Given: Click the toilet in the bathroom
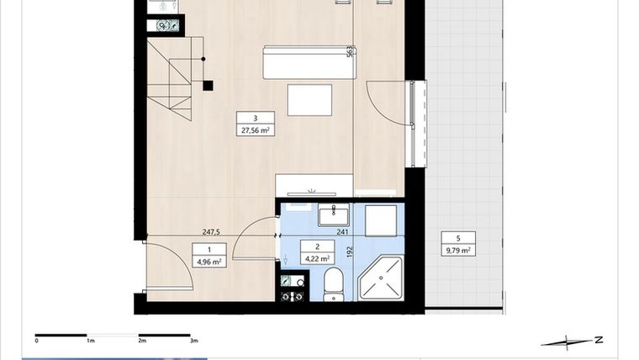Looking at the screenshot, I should tap(332, 284).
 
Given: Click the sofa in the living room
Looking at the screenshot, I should tap(306, 63).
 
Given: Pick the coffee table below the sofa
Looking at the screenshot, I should tap(309, 100).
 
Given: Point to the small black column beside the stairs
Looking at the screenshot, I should tap(208, 84).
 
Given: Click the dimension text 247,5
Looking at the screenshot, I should tap(210, 232).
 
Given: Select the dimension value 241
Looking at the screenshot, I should tap(342, 233).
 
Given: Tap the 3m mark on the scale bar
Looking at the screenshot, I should tap(194, 341).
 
